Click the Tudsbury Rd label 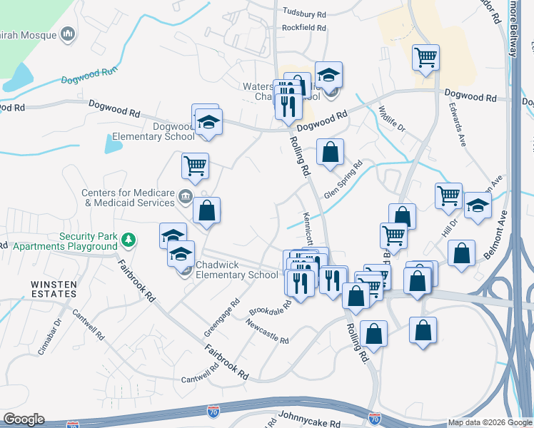pos(304,13)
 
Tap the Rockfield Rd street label pos(304,29)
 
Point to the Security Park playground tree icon pos(128,239)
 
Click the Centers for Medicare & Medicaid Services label pos(129,198)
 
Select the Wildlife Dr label pos(391,118)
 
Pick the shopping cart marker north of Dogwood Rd pos(425,57)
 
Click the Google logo pos(24,419)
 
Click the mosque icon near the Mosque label pos(69,34)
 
